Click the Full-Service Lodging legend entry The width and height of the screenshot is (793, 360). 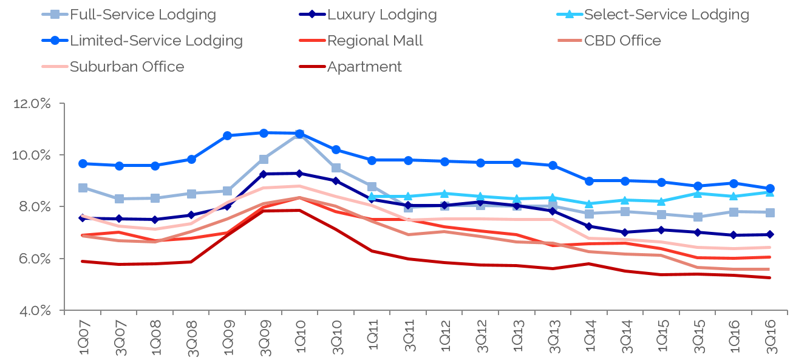pyautogui.click(x=143, y=14)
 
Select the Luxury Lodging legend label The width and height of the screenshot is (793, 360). pyautogui.click(x=382, y=14)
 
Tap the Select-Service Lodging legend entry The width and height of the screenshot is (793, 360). pyautogui.click(x=666, y=14)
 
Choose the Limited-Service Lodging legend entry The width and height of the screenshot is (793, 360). pyautogui.click(x=156, y=41)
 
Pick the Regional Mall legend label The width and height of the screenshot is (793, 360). pyautogui.click(x=375, y=41)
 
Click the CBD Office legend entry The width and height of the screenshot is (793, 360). pyautogui.click(x=622, y=41)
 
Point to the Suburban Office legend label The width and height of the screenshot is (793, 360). pyautogui.click(x=127, y=66)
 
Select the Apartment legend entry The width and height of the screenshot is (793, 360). pyautogui.click(x=364, y=66)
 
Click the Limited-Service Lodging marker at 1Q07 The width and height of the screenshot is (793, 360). pyautogui.click(x=83, y=164)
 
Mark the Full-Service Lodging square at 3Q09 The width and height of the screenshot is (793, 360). pyautogui.click(x=264, y=159)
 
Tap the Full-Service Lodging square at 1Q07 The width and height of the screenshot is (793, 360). pyautogui.click(x=83, y=188)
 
